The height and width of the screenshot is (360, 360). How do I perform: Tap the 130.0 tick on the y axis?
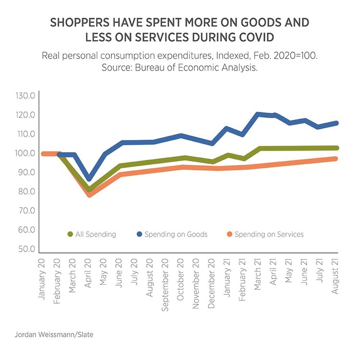click(26, 96)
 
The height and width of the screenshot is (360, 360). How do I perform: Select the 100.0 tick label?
click(26, 153)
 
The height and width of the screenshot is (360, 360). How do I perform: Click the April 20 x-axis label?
click(88, 273)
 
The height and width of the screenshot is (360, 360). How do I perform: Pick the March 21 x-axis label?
click(258, 274)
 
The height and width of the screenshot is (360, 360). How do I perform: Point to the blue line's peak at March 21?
click(258, 114)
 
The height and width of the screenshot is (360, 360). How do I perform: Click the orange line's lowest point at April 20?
click(89, 194)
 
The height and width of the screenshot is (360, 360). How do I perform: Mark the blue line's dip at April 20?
click(88, 179)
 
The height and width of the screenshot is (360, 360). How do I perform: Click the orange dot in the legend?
click(230, 234)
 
